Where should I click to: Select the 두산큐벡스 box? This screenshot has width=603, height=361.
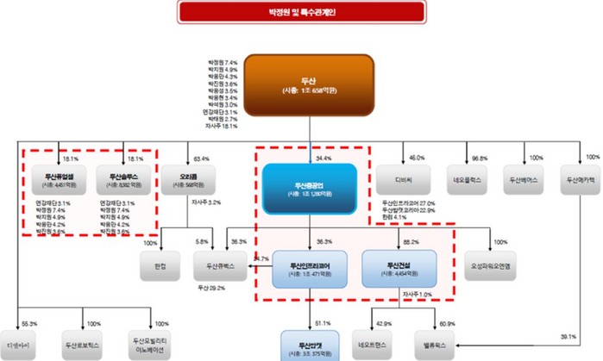click(x=222, y=268)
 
